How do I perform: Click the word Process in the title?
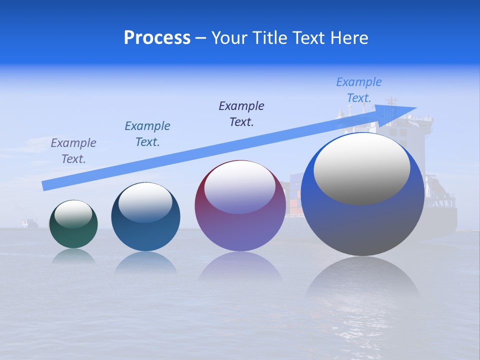157,38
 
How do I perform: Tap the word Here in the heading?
348,38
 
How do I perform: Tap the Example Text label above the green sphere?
73,151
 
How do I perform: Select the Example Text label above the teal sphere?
147,134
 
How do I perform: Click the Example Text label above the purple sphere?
241,113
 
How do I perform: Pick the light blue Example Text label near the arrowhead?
359,90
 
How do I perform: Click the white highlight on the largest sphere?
361,169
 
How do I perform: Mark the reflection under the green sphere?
73,256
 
